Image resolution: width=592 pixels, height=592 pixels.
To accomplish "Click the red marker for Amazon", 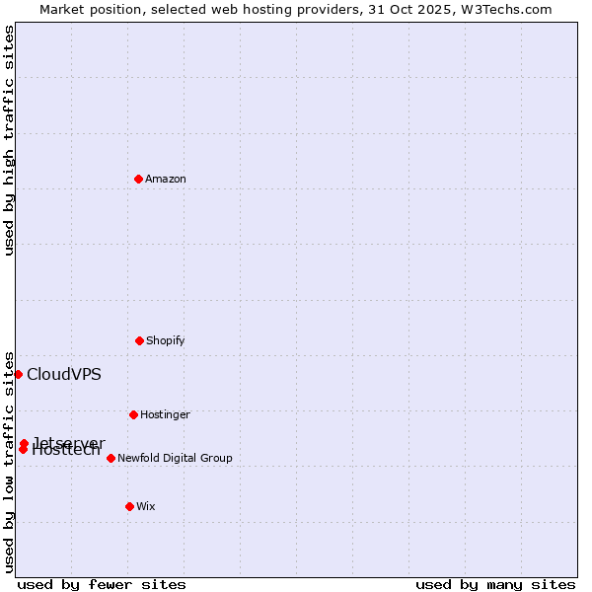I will tap(138, 179).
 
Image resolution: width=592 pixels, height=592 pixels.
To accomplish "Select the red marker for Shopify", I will tap(139, 340).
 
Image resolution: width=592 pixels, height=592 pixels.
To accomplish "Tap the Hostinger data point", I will tap(133, 414).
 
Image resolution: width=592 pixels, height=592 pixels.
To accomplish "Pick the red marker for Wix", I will tap(129, 506).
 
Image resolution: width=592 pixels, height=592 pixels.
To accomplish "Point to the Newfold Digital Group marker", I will tap(111, 458).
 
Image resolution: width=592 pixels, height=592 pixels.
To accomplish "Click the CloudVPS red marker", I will tap(18, 374).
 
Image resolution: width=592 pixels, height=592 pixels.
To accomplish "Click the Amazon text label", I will tap(166, 179).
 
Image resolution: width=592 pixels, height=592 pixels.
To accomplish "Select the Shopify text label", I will tap(166, 340).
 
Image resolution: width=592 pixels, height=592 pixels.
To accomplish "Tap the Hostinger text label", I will tap(165, 414).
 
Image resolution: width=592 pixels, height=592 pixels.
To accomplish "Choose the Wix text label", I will tap(146, 506).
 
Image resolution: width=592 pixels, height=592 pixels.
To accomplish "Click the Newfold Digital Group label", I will tap(175, 458).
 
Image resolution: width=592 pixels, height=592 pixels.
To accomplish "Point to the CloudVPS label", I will tap(64, 374).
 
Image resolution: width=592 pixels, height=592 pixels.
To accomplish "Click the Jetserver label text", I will tap(69, 441).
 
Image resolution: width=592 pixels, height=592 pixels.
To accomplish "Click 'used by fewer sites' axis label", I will tap(102, 584).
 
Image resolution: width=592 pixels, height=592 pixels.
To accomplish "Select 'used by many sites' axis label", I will tap(495, 584).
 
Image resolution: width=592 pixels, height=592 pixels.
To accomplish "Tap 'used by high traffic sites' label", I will tap(9, 140).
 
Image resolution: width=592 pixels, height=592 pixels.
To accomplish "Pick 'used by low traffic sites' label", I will tap(9, 461).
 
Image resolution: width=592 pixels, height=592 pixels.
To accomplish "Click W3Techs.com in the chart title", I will tap(509, 9).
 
